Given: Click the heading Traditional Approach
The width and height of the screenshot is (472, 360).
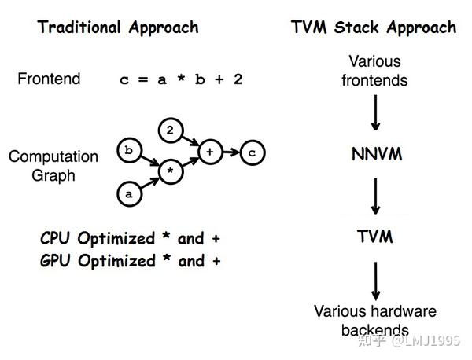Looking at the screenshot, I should [x=118, y=28].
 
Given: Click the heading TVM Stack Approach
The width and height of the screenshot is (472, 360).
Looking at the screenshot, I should [x=373, y=28].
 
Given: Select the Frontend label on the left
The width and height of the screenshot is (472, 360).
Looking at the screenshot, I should [x=49, y=79].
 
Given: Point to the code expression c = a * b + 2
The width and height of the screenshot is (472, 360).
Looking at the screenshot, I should [x=180, y=79].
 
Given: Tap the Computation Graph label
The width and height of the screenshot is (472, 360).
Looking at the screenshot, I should [x=53, y=166].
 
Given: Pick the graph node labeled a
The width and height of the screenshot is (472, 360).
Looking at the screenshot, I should [x=128, y=190].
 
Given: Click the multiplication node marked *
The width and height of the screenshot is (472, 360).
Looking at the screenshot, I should [x=169, y=168].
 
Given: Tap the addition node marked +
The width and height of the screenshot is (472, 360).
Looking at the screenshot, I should [x=210, y=151].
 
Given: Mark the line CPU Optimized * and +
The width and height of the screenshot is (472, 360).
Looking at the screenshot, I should [x=130, y=238].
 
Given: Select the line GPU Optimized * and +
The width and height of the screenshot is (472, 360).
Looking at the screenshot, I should [x=130, y=261].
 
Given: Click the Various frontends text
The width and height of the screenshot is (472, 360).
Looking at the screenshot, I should [x=374, y=71].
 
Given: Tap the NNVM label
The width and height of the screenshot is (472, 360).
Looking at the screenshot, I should [x=376, y=154].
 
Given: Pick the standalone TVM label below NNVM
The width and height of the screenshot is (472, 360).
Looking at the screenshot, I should [x=376, y=236].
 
